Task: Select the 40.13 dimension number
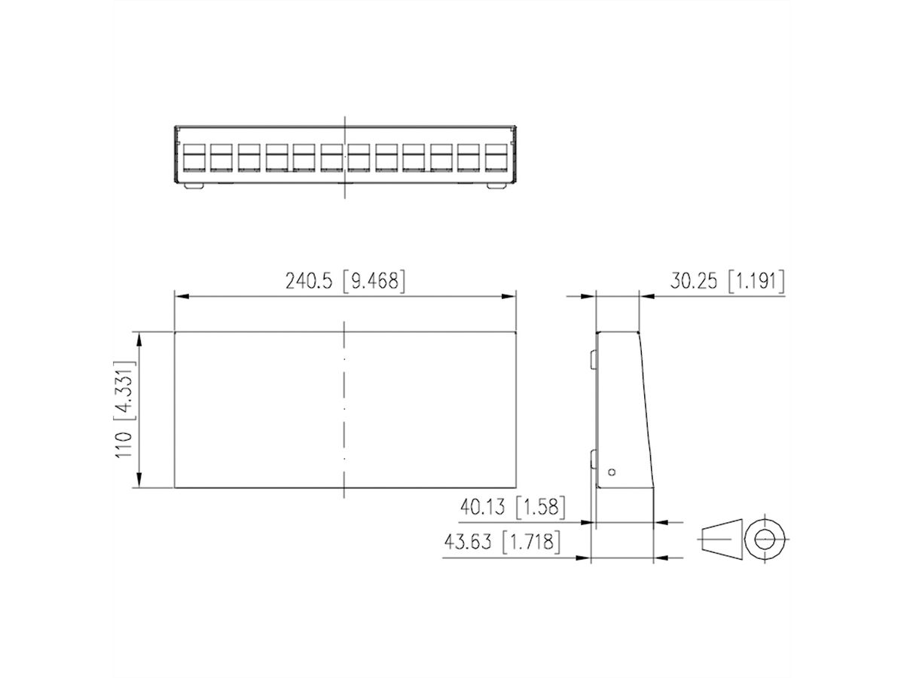point(485,507)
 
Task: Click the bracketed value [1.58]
point(539,507)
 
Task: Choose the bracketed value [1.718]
point(532,542)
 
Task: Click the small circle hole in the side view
point(612,472)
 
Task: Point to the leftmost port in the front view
point(191,157)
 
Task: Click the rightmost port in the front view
point(496,157)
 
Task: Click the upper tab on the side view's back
point(593,358)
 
